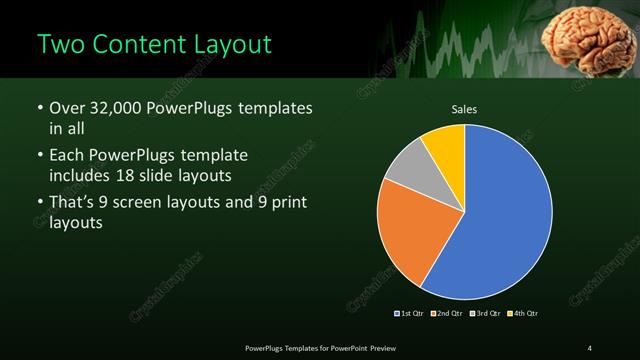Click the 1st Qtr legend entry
(x=411, y=314)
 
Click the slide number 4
(x=590, y=348)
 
